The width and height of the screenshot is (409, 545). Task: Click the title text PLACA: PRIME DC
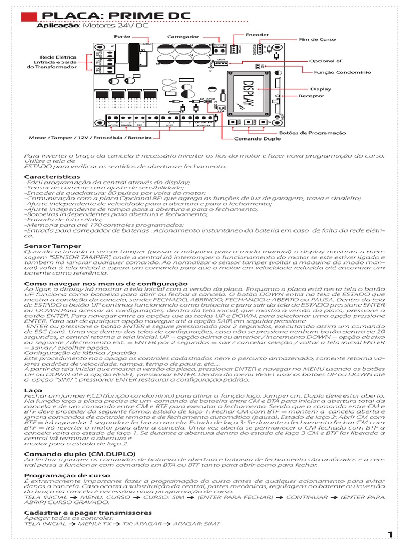(x=114, y=15)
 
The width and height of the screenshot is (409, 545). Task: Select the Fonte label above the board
(x=122, y=37)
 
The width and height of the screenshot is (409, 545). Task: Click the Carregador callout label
(x=183, y=37)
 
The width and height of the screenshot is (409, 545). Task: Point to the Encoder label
(x=257, y=35)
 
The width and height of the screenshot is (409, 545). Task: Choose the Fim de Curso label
(x=317, y=40)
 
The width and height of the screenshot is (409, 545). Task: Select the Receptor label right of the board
(x=311, y=96)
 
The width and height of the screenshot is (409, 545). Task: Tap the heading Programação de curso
(x=67, y=475)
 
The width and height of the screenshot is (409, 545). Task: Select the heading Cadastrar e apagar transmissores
(x=88, y=513)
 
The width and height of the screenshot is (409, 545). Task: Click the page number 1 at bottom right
(x=390, y=534)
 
